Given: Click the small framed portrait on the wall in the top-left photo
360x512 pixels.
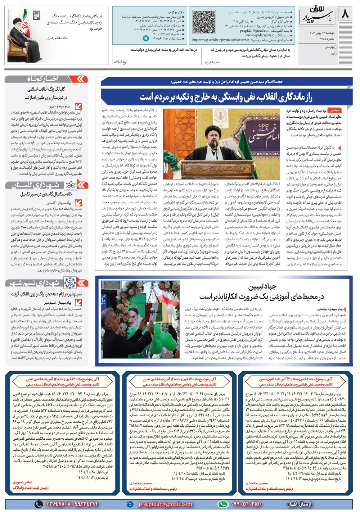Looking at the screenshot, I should click(x=36, y=15).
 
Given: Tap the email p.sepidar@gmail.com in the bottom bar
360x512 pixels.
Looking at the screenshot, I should click(x=166, y=504).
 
